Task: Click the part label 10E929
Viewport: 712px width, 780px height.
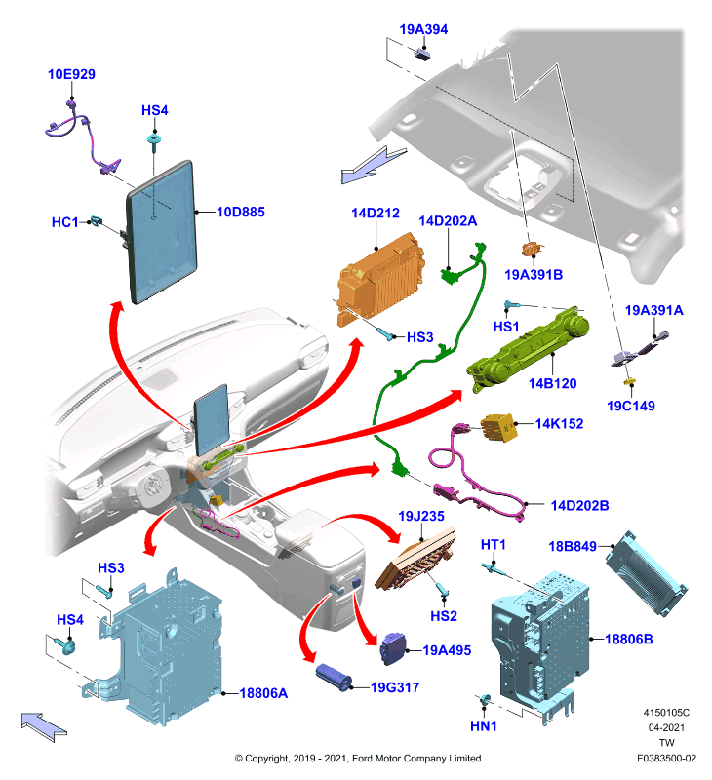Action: click(x=71, y=74)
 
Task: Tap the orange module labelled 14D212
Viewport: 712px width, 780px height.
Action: click(x=380, y=280)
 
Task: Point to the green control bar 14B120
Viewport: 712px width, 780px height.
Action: click(x=529, y=350)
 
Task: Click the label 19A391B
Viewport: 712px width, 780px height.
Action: click(x=534, y=275)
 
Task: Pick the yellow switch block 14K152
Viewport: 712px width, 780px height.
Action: click(x=498, y=428)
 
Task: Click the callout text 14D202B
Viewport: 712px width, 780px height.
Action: click(x=579, y=505)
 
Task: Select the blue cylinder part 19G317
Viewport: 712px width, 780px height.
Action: click(x=334, y=677)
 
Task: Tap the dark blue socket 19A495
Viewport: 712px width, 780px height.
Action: click(x=393, y=648)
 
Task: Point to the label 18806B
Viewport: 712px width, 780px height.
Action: click(x=628, y=640)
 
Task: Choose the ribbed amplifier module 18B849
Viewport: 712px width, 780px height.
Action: click(x=646, y=573)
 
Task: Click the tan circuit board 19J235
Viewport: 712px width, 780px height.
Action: click(x=416, y=559)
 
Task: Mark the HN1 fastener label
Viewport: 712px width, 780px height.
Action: click(x=483, y=726)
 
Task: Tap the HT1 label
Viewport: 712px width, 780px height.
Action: click(x=493, y=545)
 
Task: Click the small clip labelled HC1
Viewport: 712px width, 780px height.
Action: click(x=96, y=221)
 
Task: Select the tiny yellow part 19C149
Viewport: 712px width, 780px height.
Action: click(x=630, y=382)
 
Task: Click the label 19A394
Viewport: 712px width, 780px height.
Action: click(x=423, y=29)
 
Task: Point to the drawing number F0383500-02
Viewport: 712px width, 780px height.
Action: click(x=666, y=759)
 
